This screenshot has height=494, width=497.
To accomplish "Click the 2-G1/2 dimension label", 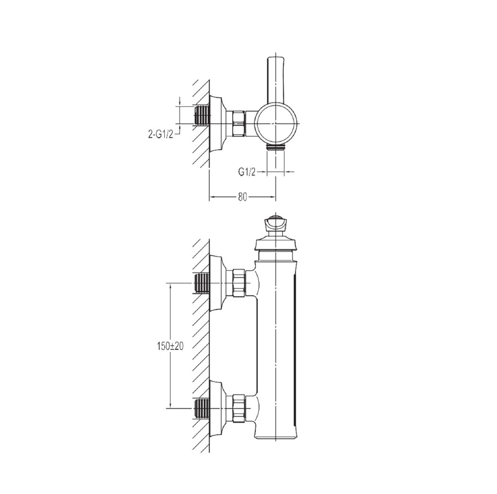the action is [160, 135].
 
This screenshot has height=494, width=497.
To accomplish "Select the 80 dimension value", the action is [242, 197].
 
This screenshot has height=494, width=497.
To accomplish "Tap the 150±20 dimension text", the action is [170, 346].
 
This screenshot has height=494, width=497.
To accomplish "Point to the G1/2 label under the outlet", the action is [247, 172].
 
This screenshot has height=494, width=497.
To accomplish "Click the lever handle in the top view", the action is [276, 81].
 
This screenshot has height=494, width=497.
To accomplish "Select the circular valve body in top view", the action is [277, 123].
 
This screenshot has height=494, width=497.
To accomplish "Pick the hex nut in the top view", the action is [239, 123].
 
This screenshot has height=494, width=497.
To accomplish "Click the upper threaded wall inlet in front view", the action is [201, 283].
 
